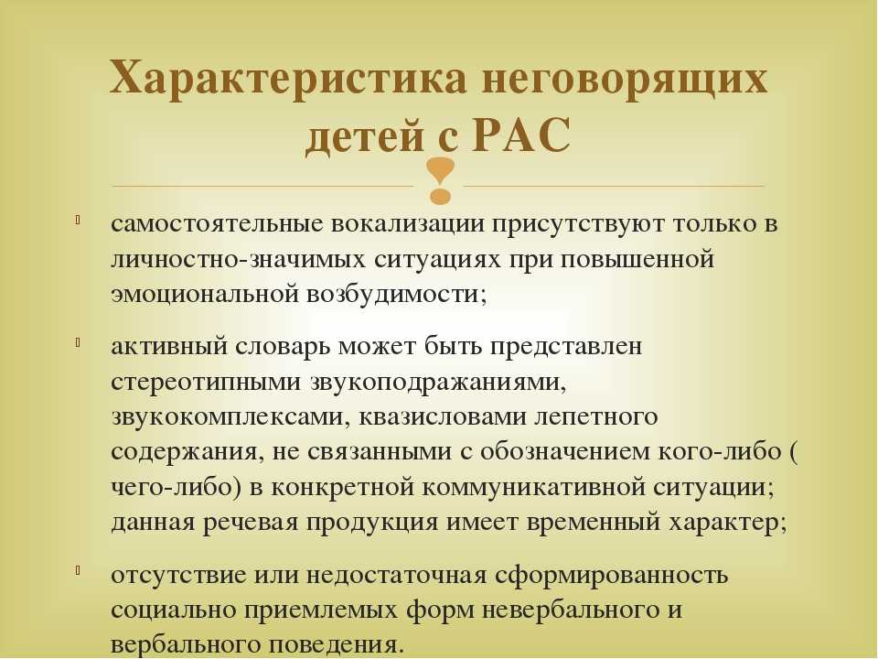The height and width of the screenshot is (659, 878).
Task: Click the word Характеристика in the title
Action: point(288,77)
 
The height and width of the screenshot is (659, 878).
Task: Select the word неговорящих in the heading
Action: point(624,78)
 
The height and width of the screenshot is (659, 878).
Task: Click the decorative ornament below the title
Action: point(441,180)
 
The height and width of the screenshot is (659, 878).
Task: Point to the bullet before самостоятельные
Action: point(79,219)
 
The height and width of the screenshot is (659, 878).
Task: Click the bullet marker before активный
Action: point(79,341)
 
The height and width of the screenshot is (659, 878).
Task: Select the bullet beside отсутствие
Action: point(79,570)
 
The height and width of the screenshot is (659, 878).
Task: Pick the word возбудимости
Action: point(396,294)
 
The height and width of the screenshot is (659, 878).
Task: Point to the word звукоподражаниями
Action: point(438,383)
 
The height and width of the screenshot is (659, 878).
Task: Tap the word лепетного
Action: point(596,417)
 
